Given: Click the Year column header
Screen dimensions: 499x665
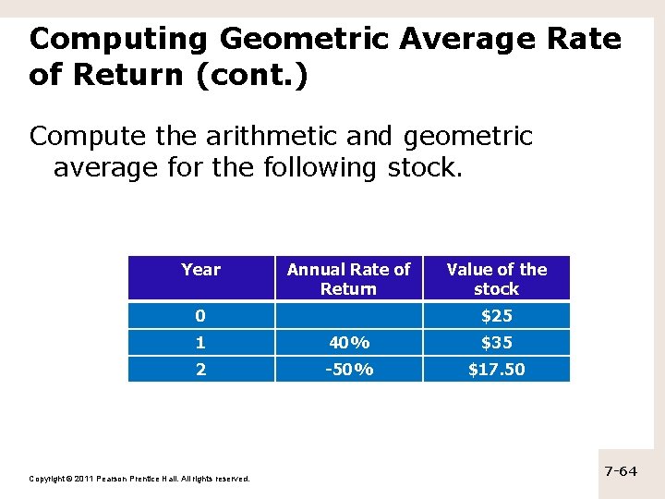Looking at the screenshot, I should coord(200,270).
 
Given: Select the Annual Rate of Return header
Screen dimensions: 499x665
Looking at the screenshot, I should coord(348,278).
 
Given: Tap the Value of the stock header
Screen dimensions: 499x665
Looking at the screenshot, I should coord(496,278).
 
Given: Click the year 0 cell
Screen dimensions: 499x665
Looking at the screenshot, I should coord(200,316).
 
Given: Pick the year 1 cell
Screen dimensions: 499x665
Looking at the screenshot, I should coord(200,343).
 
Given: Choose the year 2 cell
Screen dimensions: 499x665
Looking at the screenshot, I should coord(200,370).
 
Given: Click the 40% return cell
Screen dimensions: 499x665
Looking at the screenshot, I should coord(348,343).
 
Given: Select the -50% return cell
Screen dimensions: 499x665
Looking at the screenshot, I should coord(348,370).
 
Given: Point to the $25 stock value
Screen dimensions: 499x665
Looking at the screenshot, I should coord(496,316).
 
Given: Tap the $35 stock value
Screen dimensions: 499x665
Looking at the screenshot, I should coord(496,343).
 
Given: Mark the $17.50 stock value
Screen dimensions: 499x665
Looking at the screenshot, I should coord(496,370).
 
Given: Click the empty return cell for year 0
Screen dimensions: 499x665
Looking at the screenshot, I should coord(348,316).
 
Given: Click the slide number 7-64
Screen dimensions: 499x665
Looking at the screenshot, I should coord(621,471).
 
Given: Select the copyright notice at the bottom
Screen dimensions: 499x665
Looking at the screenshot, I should coord(139,479).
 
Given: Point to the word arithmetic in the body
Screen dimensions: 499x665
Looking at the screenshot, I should coord(282,137).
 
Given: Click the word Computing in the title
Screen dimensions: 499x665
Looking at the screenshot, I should coord(119,39).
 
